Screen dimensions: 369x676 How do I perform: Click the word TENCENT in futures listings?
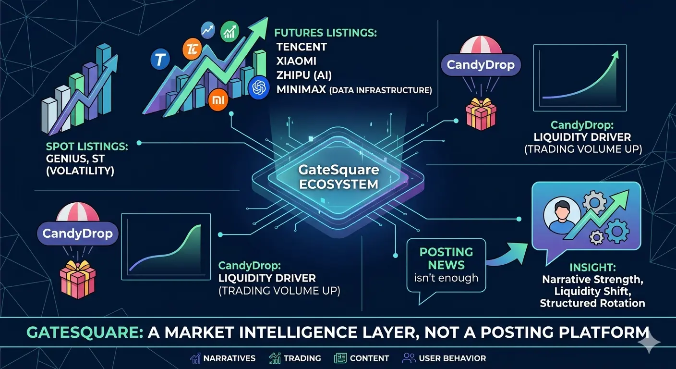[x=302, y=47]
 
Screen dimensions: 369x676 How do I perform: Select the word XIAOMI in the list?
[x=296, y=61]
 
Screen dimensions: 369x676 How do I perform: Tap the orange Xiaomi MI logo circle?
[x=217, y=100]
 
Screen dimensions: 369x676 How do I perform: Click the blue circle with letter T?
[x=161, y=60]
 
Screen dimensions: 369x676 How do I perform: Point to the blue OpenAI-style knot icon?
[x=259, y=87]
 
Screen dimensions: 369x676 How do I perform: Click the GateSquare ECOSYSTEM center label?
[x=339, y=177]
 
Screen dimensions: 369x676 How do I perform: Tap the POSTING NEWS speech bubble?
[x=446, y=265]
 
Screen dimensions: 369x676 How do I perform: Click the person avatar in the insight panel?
[x=560, y=216]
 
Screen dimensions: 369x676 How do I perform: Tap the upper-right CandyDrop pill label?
[x=481, y=65]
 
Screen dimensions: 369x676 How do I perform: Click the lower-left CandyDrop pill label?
[x=77, y=234]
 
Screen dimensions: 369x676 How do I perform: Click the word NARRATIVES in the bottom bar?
[x=229, y=358]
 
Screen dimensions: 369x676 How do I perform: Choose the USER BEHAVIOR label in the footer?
[x=452, y=358]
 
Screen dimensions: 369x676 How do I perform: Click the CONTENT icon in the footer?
[x=340, y=358]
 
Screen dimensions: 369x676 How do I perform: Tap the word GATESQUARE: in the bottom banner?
[x=85, y=332]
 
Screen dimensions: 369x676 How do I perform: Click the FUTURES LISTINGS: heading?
[x=326, y=33]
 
